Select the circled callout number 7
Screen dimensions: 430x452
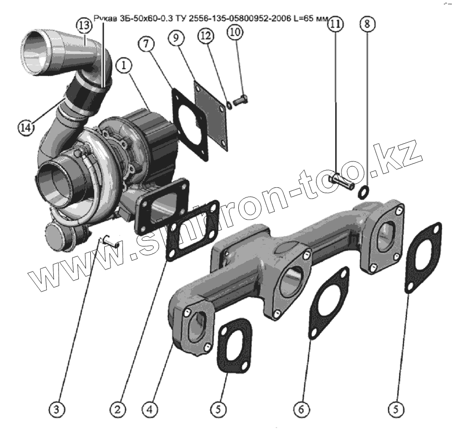147,44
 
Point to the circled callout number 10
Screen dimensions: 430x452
236,32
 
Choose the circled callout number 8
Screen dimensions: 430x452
367,25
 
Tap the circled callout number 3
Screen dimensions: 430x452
57,409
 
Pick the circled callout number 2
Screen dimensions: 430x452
117,409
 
